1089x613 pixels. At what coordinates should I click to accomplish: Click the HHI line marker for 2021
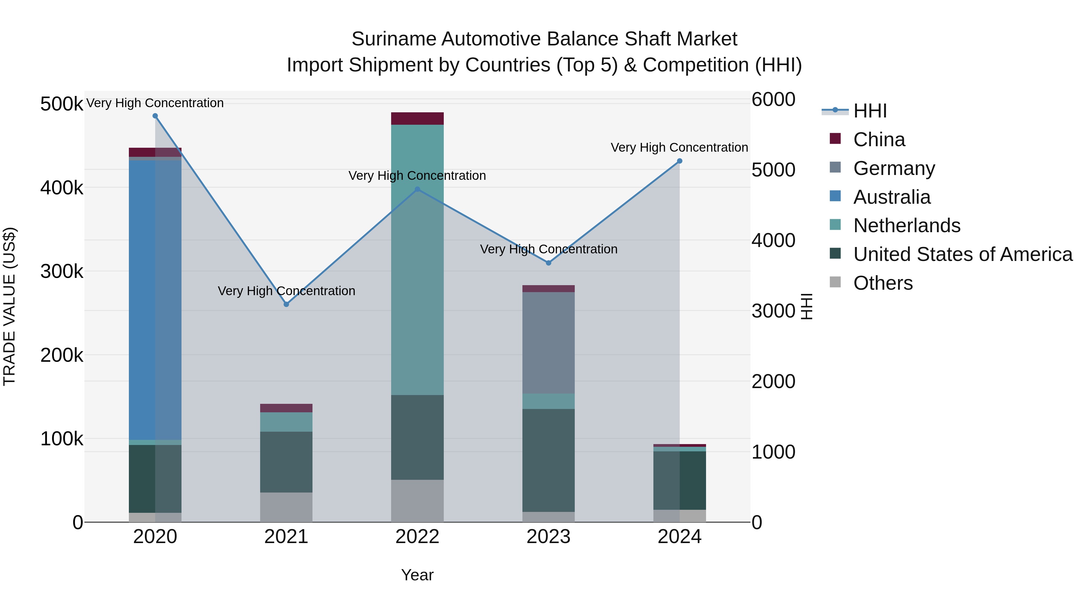(286, 304)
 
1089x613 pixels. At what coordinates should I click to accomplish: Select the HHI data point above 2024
(679, 161)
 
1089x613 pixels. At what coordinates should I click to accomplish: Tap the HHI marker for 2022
(417, 189)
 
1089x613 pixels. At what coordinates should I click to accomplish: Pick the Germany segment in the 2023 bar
(548, 343)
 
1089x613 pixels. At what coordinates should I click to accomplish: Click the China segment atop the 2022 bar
(417, 118)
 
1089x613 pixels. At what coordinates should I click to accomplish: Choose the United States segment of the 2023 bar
(548, 460)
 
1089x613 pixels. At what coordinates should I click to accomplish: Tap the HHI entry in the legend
(870, 111)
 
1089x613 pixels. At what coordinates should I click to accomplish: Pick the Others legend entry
(883, 283)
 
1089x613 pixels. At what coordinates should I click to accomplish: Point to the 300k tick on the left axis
(62, 271)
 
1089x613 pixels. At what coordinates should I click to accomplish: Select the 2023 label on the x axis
(548, 537)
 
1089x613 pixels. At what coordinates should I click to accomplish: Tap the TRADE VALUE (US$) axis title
(9, 306)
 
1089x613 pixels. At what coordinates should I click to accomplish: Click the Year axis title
(417, 575)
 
